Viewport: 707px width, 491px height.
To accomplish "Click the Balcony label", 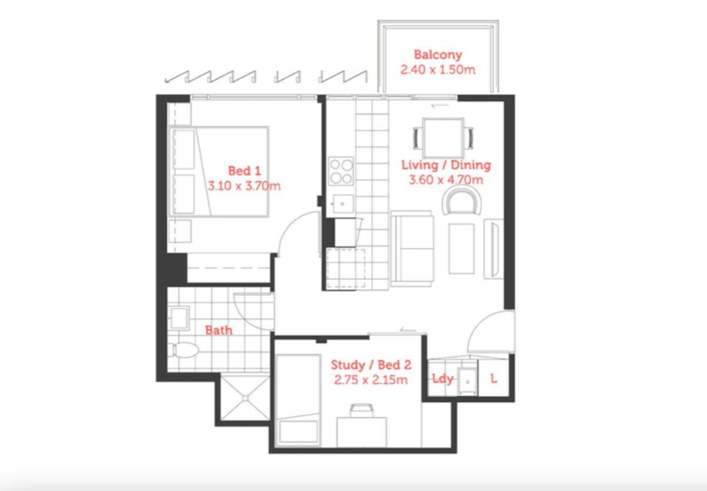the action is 438,55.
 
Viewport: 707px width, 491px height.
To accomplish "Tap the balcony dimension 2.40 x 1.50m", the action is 438,70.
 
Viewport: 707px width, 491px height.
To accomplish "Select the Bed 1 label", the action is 244,171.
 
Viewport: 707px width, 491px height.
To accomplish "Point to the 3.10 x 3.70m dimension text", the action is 244,186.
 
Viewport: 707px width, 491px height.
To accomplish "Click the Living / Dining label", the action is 446,165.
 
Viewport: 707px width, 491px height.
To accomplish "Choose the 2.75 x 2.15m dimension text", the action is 371,379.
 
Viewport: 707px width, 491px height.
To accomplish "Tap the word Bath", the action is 219,331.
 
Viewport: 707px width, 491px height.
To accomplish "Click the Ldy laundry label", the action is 442,379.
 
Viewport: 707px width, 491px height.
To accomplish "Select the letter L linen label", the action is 494,378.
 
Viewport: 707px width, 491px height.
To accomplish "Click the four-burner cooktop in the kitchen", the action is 341,171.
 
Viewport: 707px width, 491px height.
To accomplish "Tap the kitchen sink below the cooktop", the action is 343,204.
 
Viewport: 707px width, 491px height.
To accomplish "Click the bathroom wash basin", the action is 179,318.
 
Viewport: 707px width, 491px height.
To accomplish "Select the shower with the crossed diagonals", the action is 245,398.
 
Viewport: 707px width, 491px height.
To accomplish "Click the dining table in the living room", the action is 443,138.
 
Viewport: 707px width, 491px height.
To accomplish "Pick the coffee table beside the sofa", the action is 462,249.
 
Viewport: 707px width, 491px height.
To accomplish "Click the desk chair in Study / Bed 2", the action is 362,411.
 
